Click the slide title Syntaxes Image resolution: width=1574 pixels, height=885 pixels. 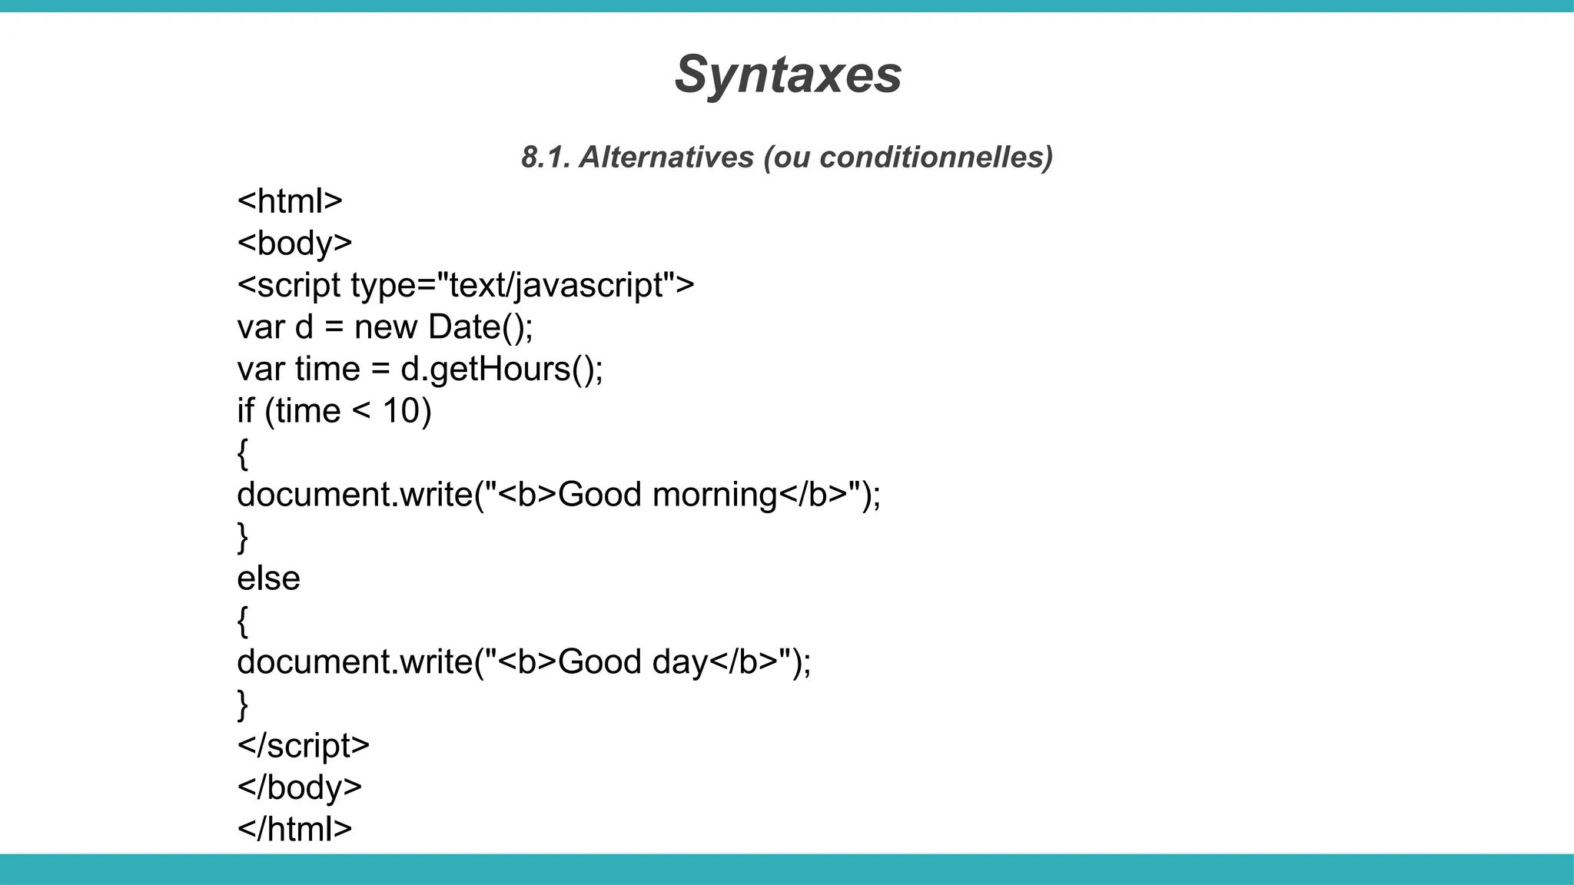788,75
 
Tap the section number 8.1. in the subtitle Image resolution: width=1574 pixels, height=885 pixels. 545,157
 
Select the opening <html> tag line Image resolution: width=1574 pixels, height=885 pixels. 290,201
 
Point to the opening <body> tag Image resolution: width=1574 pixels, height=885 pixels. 294,243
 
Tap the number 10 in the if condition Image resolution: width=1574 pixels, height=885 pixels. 400,411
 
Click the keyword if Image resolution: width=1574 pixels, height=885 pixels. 245,411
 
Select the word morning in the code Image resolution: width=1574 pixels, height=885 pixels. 714,495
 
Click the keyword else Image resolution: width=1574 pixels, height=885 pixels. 268,578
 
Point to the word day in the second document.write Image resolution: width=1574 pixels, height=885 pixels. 679,662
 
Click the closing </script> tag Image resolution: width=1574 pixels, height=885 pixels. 304,746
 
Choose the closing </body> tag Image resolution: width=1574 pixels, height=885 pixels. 300,787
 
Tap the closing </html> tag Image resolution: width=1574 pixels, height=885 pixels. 294,829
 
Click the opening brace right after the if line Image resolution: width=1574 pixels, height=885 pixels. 243,453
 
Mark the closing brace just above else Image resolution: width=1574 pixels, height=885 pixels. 243,537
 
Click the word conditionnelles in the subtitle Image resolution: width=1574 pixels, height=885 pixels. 936,157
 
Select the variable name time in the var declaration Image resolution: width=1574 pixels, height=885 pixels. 327,370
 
